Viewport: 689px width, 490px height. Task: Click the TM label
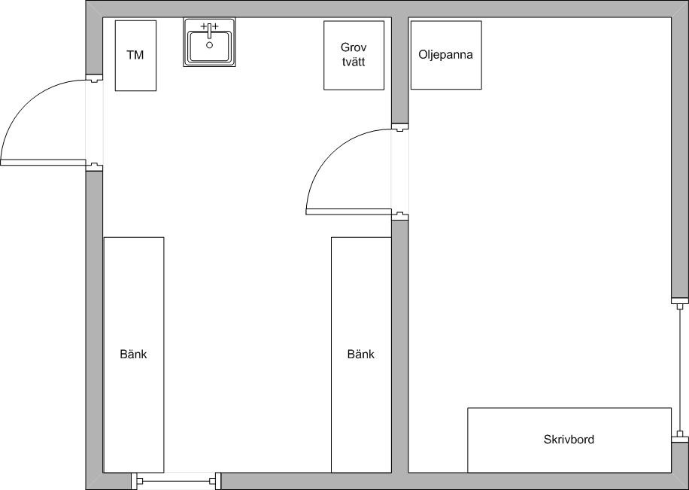point(135,55)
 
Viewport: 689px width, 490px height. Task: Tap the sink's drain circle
point(210,45)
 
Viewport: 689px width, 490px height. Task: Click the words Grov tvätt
point(354,54)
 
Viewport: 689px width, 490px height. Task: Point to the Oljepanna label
point(445,54)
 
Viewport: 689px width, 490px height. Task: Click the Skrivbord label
point(569,440)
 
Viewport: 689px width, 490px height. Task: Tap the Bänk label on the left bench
point(134,354)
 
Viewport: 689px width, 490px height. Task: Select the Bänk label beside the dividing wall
point(361,354)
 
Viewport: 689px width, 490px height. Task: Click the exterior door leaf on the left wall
point(43,163)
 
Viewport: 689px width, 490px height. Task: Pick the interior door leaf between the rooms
point(348,212)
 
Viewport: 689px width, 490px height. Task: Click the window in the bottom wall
point(176,481)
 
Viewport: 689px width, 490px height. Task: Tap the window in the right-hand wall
point(680,370)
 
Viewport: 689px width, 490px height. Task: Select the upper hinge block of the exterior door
point(94,78)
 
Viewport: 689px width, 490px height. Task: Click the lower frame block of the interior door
point(400,216)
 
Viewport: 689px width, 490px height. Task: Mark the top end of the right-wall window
point(680,301)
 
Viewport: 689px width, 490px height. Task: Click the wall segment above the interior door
point(400,71)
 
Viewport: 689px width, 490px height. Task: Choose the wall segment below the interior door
point(400,346)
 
